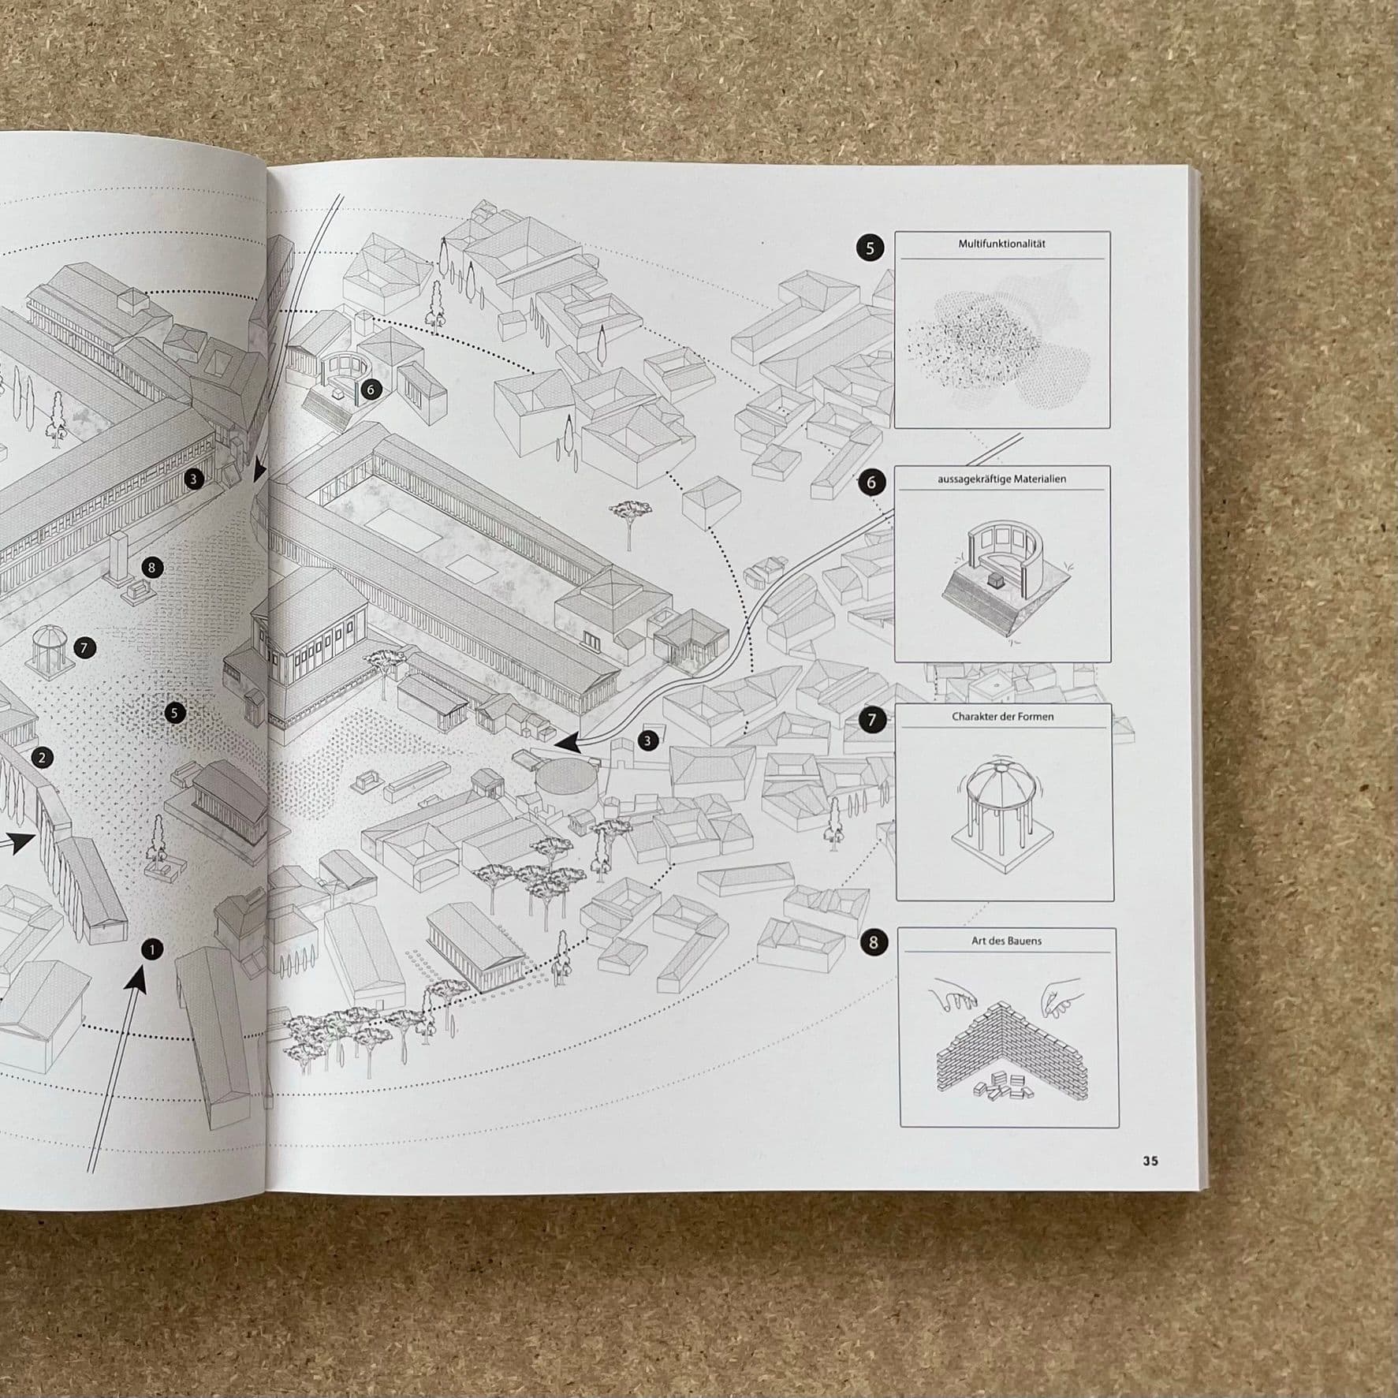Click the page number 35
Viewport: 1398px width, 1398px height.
[1150, 1161]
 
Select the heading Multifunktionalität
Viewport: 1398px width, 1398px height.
[1001, 244]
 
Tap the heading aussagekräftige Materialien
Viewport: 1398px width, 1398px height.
[1001, 479]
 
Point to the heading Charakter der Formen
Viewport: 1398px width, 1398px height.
[1002, 717]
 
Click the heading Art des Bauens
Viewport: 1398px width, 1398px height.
[1006, 941]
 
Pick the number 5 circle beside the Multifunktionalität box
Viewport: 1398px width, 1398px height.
[870, 248]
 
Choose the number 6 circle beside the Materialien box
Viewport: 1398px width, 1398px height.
[870, 483]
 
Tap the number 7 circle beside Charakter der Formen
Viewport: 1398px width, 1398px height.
[871, 720]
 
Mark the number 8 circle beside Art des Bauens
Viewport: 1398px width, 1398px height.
[873, 942]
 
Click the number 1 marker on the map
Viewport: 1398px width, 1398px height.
[151, 949]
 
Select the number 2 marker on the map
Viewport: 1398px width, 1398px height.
[42, 759]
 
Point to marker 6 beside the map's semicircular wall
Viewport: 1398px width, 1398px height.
[371, 390]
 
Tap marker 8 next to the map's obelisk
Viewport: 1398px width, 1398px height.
[151, 567]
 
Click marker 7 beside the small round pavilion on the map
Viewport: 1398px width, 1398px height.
[84, 648]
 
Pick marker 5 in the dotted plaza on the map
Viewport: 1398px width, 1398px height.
[175, 714]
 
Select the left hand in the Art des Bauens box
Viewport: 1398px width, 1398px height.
[953, 995]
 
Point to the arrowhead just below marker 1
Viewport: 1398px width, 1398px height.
[137, 979]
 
